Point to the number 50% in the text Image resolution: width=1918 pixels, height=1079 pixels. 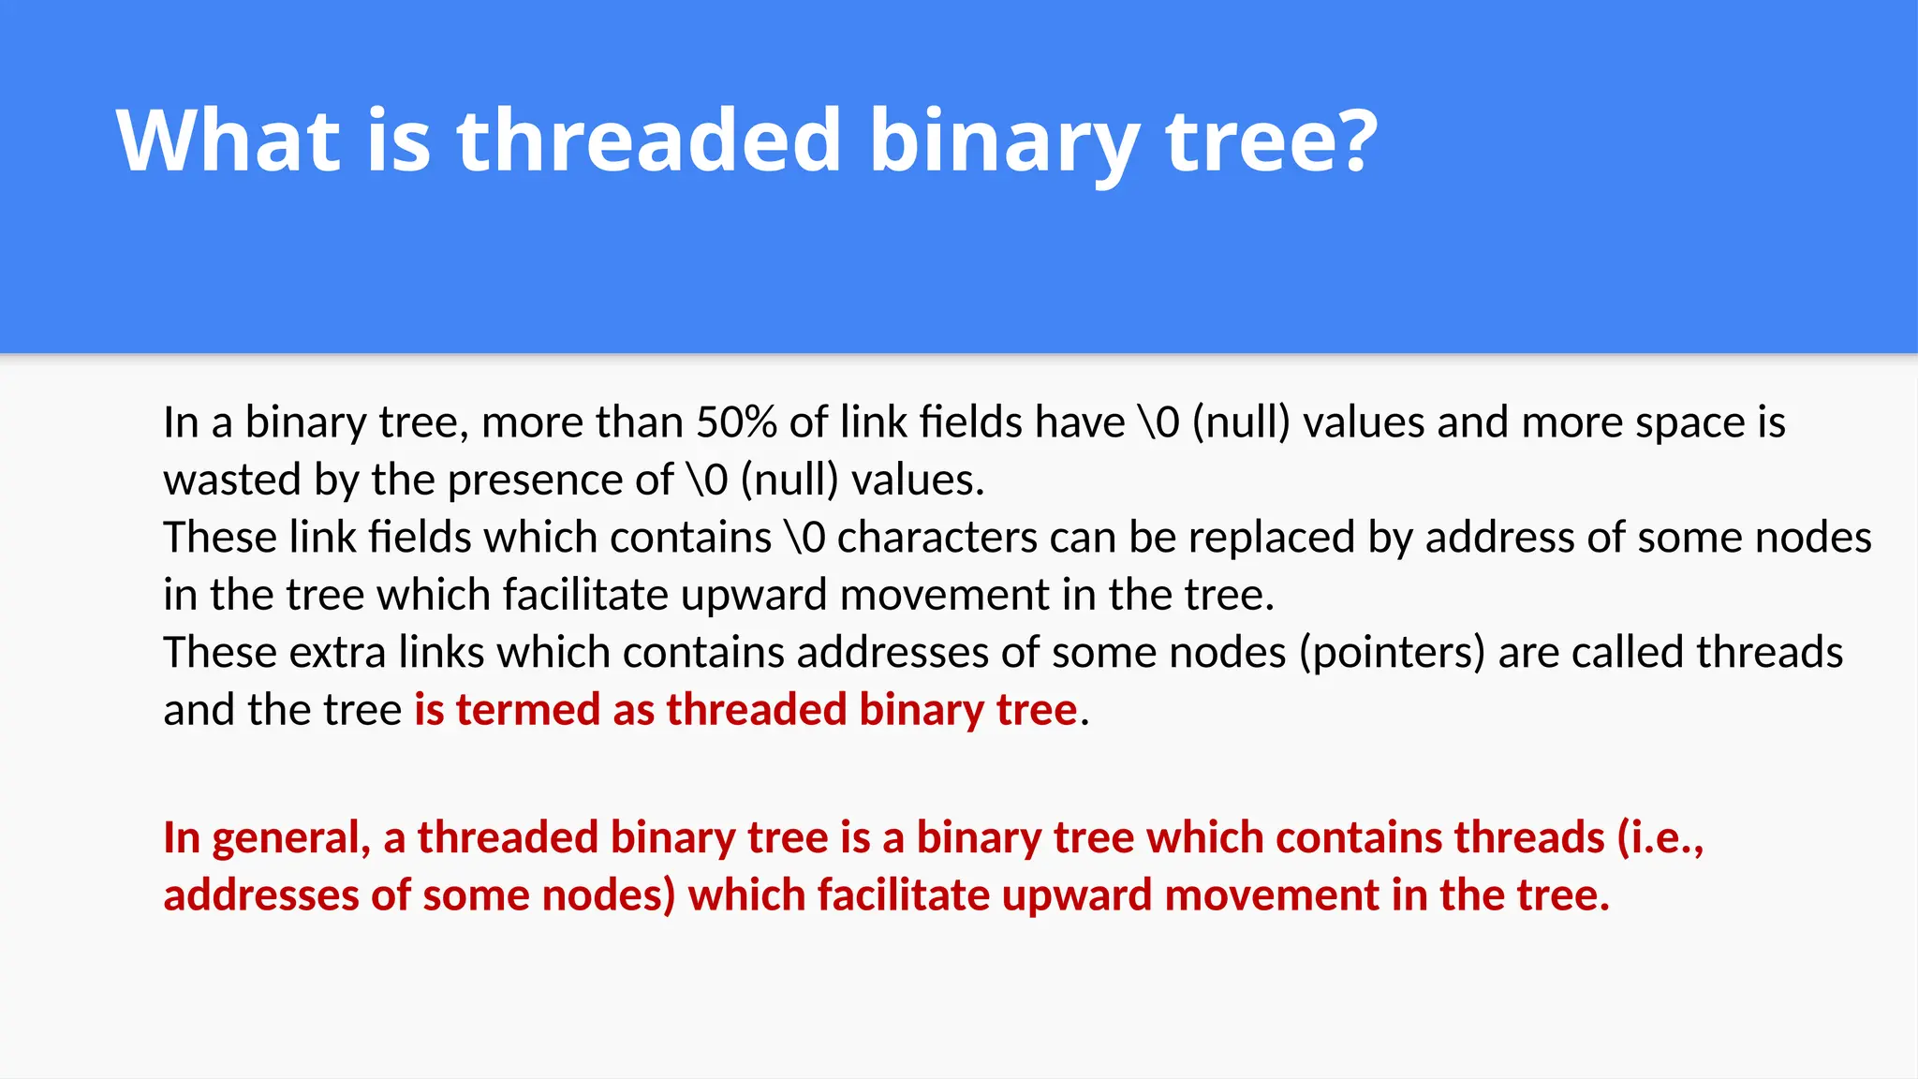coord(736,422)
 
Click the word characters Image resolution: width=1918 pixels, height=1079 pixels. coord(936,538)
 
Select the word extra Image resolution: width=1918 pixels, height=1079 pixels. coord(336,653)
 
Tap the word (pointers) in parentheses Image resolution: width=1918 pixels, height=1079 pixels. coord(1392,653)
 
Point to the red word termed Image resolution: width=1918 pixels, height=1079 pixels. coord(528,710)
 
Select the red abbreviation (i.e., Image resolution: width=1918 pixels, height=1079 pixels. coord(1660,837)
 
